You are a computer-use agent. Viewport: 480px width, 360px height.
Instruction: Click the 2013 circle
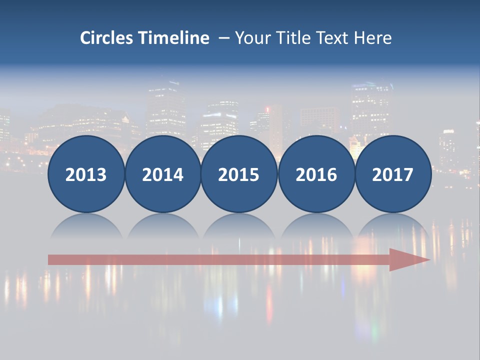pyautogui.click(x=86, y=174)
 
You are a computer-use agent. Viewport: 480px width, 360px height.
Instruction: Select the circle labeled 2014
pyautogui.click(x=162, y=174)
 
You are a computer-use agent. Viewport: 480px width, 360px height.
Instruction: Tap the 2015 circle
pyautogui.click(x=239, y=174)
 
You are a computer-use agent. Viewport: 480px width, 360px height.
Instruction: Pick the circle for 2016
pyautogui.click(x=316, y=174)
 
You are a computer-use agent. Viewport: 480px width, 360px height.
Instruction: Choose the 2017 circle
pyautogui.click(x=392, y=174)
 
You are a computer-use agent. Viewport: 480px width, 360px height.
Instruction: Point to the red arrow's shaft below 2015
pyautogui.click(x=239, y=259)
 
